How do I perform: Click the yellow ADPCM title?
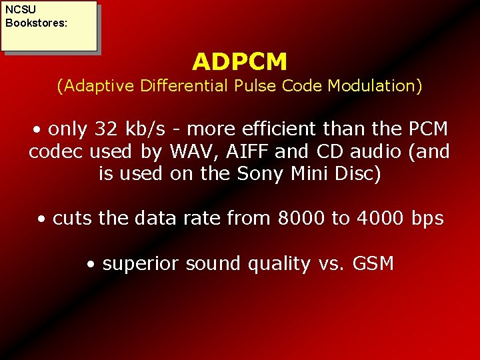tap(240, 62)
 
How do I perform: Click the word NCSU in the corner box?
tap(20, 10)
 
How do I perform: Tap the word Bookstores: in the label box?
tap(36, 23)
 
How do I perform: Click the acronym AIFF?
tap(247, 151)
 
